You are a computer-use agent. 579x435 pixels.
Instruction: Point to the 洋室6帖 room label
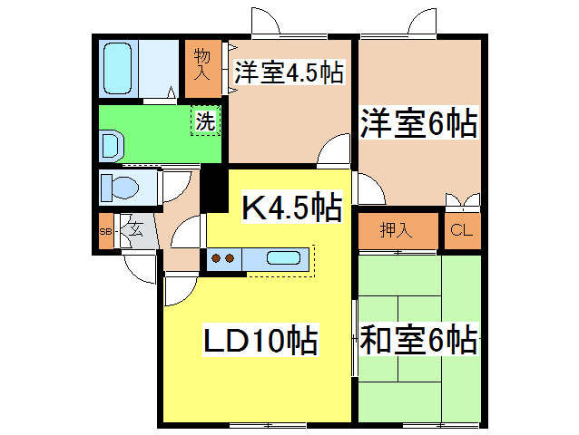[x=418, y=122]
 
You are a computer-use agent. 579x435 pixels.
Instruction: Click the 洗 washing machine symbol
[x=206, y=121]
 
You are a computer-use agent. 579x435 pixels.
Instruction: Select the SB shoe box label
[x=104, y=232]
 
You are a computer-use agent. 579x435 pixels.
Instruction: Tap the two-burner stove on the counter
[x=223, y=258]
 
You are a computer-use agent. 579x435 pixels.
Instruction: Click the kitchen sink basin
[x=283, y=258]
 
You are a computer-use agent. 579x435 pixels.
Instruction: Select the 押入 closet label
[x=396, y=230]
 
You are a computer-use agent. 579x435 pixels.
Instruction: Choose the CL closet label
[x=462, y=230]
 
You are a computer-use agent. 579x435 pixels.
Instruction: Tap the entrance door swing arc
[x=138, y=267]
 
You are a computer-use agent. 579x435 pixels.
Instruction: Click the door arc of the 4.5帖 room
[x=334, y=149]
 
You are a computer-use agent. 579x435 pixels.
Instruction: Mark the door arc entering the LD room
[x=180, y=289]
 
